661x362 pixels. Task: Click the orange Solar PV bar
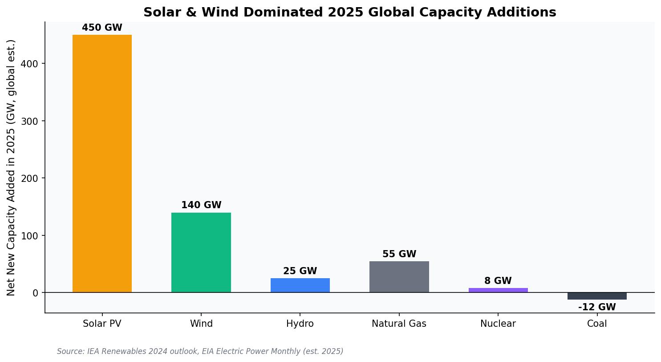click(x=102, y=164)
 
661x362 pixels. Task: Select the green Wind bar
click(x=201, y=252)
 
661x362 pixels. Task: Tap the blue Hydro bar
click(x=300, y=285)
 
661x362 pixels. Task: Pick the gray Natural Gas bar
click(x=399, y=277)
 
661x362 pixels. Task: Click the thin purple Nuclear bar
click(x=498, y=290)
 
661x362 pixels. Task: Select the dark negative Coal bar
click(x=596, y=296)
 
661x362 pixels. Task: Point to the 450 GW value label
click(x=102, y=28)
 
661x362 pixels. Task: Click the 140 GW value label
click(x=201, y=206)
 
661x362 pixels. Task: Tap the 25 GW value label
click(x=300, y=271)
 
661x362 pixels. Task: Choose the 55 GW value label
click(x=399, y=255)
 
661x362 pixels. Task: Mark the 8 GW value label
click(x=498, y=281)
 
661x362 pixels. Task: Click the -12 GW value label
click(x=596, y=308)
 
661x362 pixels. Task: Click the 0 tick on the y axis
click(x=36, y=293)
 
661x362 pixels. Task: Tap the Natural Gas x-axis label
click(x=399, y=324)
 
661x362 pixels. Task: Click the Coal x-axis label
click(x=596, y=324)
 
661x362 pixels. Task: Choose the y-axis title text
click(x=11, y=168)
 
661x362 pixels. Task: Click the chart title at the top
click(x=349, y=12)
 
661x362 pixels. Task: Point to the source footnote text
click(x=200, y=352)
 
